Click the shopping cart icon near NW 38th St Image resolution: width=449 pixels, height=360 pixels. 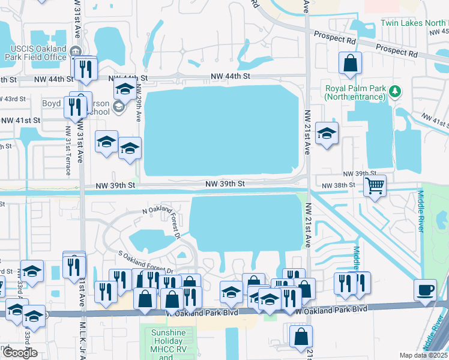pyautogui.click(x=375, y=186)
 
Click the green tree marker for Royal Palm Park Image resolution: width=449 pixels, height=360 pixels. pyautogui.click(x=394, y=91)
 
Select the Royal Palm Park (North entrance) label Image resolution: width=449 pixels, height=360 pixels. pyautogui.click(x=355, y=92)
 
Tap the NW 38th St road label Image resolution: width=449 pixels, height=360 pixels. pyautogui.click(x=339, y=185)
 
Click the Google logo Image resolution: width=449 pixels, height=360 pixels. pyautogui.click(x=20, y=352)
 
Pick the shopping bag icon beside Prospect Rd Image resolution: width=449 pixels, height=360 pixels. pyautogui.click(x=350, y=62)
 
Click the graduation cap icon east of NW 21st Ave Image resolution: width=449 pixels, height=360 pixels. pyautogui.click(x=327, y=133)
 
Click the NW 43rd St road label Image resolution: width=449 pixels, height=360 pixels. pyautogui.click(x=13, y=98)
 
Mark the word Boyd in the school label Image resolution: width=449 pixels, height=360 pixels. pyautogui.click(x=51, y=103)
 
